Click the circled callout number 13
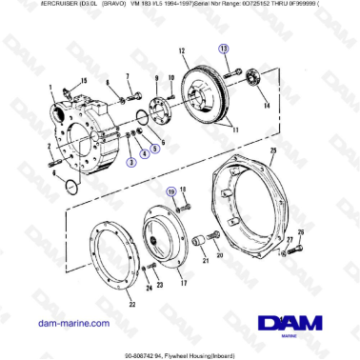click(223, 48)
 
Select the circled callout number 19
click(172, 191)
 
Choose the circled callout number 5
click(155, 148)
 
